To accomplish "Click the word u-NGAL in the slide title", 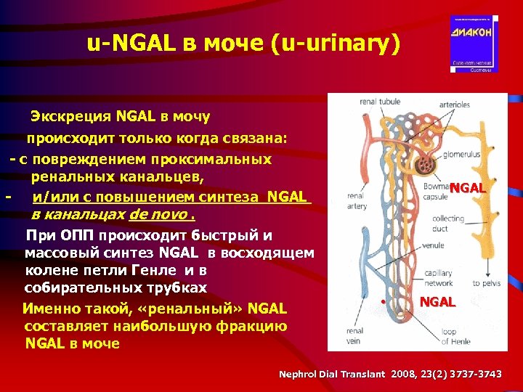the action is pyautogui.click(x=126, y=44).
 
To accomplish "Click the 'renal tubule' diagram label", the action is pyautogui.click(x=380, y=102).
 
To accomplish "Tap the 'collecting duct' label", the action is pyautogui.click(x=447, y=223).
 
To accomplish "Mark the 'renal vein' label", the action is pyautogui.click(x=355, y=335).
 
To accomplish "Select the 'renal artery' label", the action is pyautogui.click(x=356, y=200).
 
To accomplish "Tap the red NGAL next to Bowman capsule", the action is pyautogui.click(x=466, y=188).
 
